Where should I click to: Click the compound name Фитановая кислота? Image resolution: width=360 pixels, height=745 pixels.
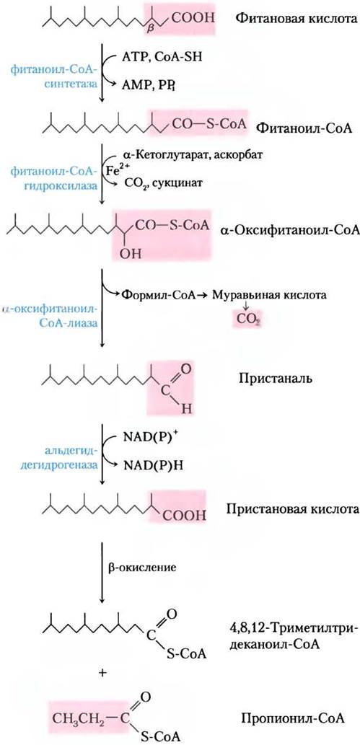[297, 19]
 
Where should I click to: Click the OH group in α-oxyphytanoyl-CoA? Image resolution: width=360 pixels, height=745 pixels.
[128, 252]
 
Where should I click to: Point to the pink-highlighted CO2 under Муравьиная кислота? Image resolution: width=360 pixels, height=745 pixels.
[247, 321]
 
